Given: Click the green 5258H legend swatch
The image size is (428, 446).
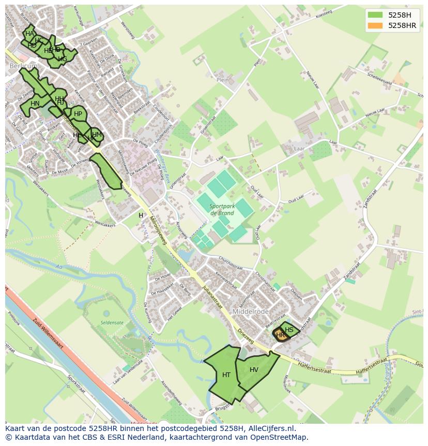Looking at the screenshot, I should pos(375,15).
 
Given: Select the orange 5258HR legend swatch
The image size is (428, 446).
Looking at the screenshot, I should pos(375,25).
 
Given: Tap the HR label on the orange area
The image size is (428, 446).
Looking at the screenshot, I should pos(281,335).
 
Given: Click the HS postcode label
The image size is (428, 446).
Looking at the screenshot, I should pos(289,330).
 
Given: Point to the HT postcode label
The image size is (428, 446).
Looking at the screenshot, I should pos(226,375).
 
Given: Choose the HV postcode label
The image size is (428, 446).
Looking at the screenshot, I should pos(254,369).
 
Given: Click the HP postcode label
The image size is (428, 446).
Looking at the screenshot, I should pos(78,114).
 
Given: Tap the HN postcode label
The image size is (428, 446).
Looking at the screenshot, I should pos(35,104).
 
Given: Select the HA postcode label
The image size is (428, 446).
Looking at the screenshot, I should pos(29,34).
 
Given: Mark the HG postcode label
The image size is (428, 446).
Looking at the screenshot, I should pos(63,59).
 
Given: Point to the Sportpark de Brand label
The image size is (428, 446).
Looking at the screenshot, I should pos(222,209).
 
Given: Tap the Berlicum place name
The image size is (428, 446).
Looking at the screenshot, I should pos(21,66).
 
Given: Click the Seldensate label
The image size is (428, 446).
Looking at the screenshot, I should pos(112,323).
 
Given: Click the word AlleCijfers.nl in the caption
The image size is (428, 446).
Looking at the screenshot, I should pos(269,428).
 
